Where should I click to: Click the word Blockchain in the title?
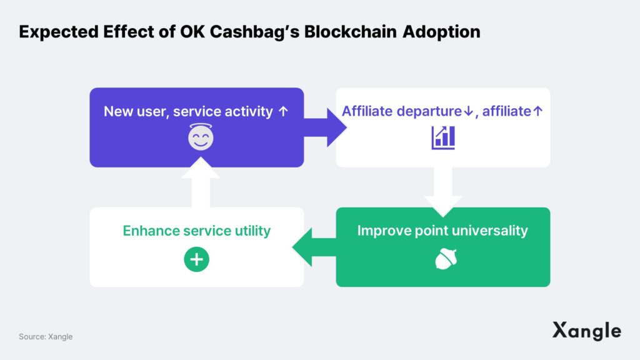(x=350, y=32)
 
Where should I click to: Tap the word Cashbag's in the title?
(x=255, y=32)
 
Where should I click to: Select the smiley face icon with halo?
(x=201, y=137)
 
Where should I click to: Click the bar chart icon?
(x=443, y=137)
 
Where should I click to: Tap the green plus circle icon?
(x=197, y=259)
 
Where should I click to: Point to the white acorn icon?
(x=446, y=259)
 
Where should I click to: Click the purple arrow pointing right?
(x=325, y=127)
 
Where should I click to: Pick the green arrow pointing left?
(x=314, y=247)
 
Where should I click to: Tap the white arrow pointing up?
(x=201, y=182)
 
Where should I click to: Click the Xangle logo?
(x=587, y=331)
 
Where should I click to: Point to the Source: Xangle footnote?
(x=46, y=337)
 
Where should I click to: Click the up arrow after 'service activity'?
(x=283, y=111)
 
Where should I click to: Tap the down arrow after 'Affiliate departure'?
(x=468, y=111)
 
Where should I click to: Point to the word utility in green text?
(x=252, y=231)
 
